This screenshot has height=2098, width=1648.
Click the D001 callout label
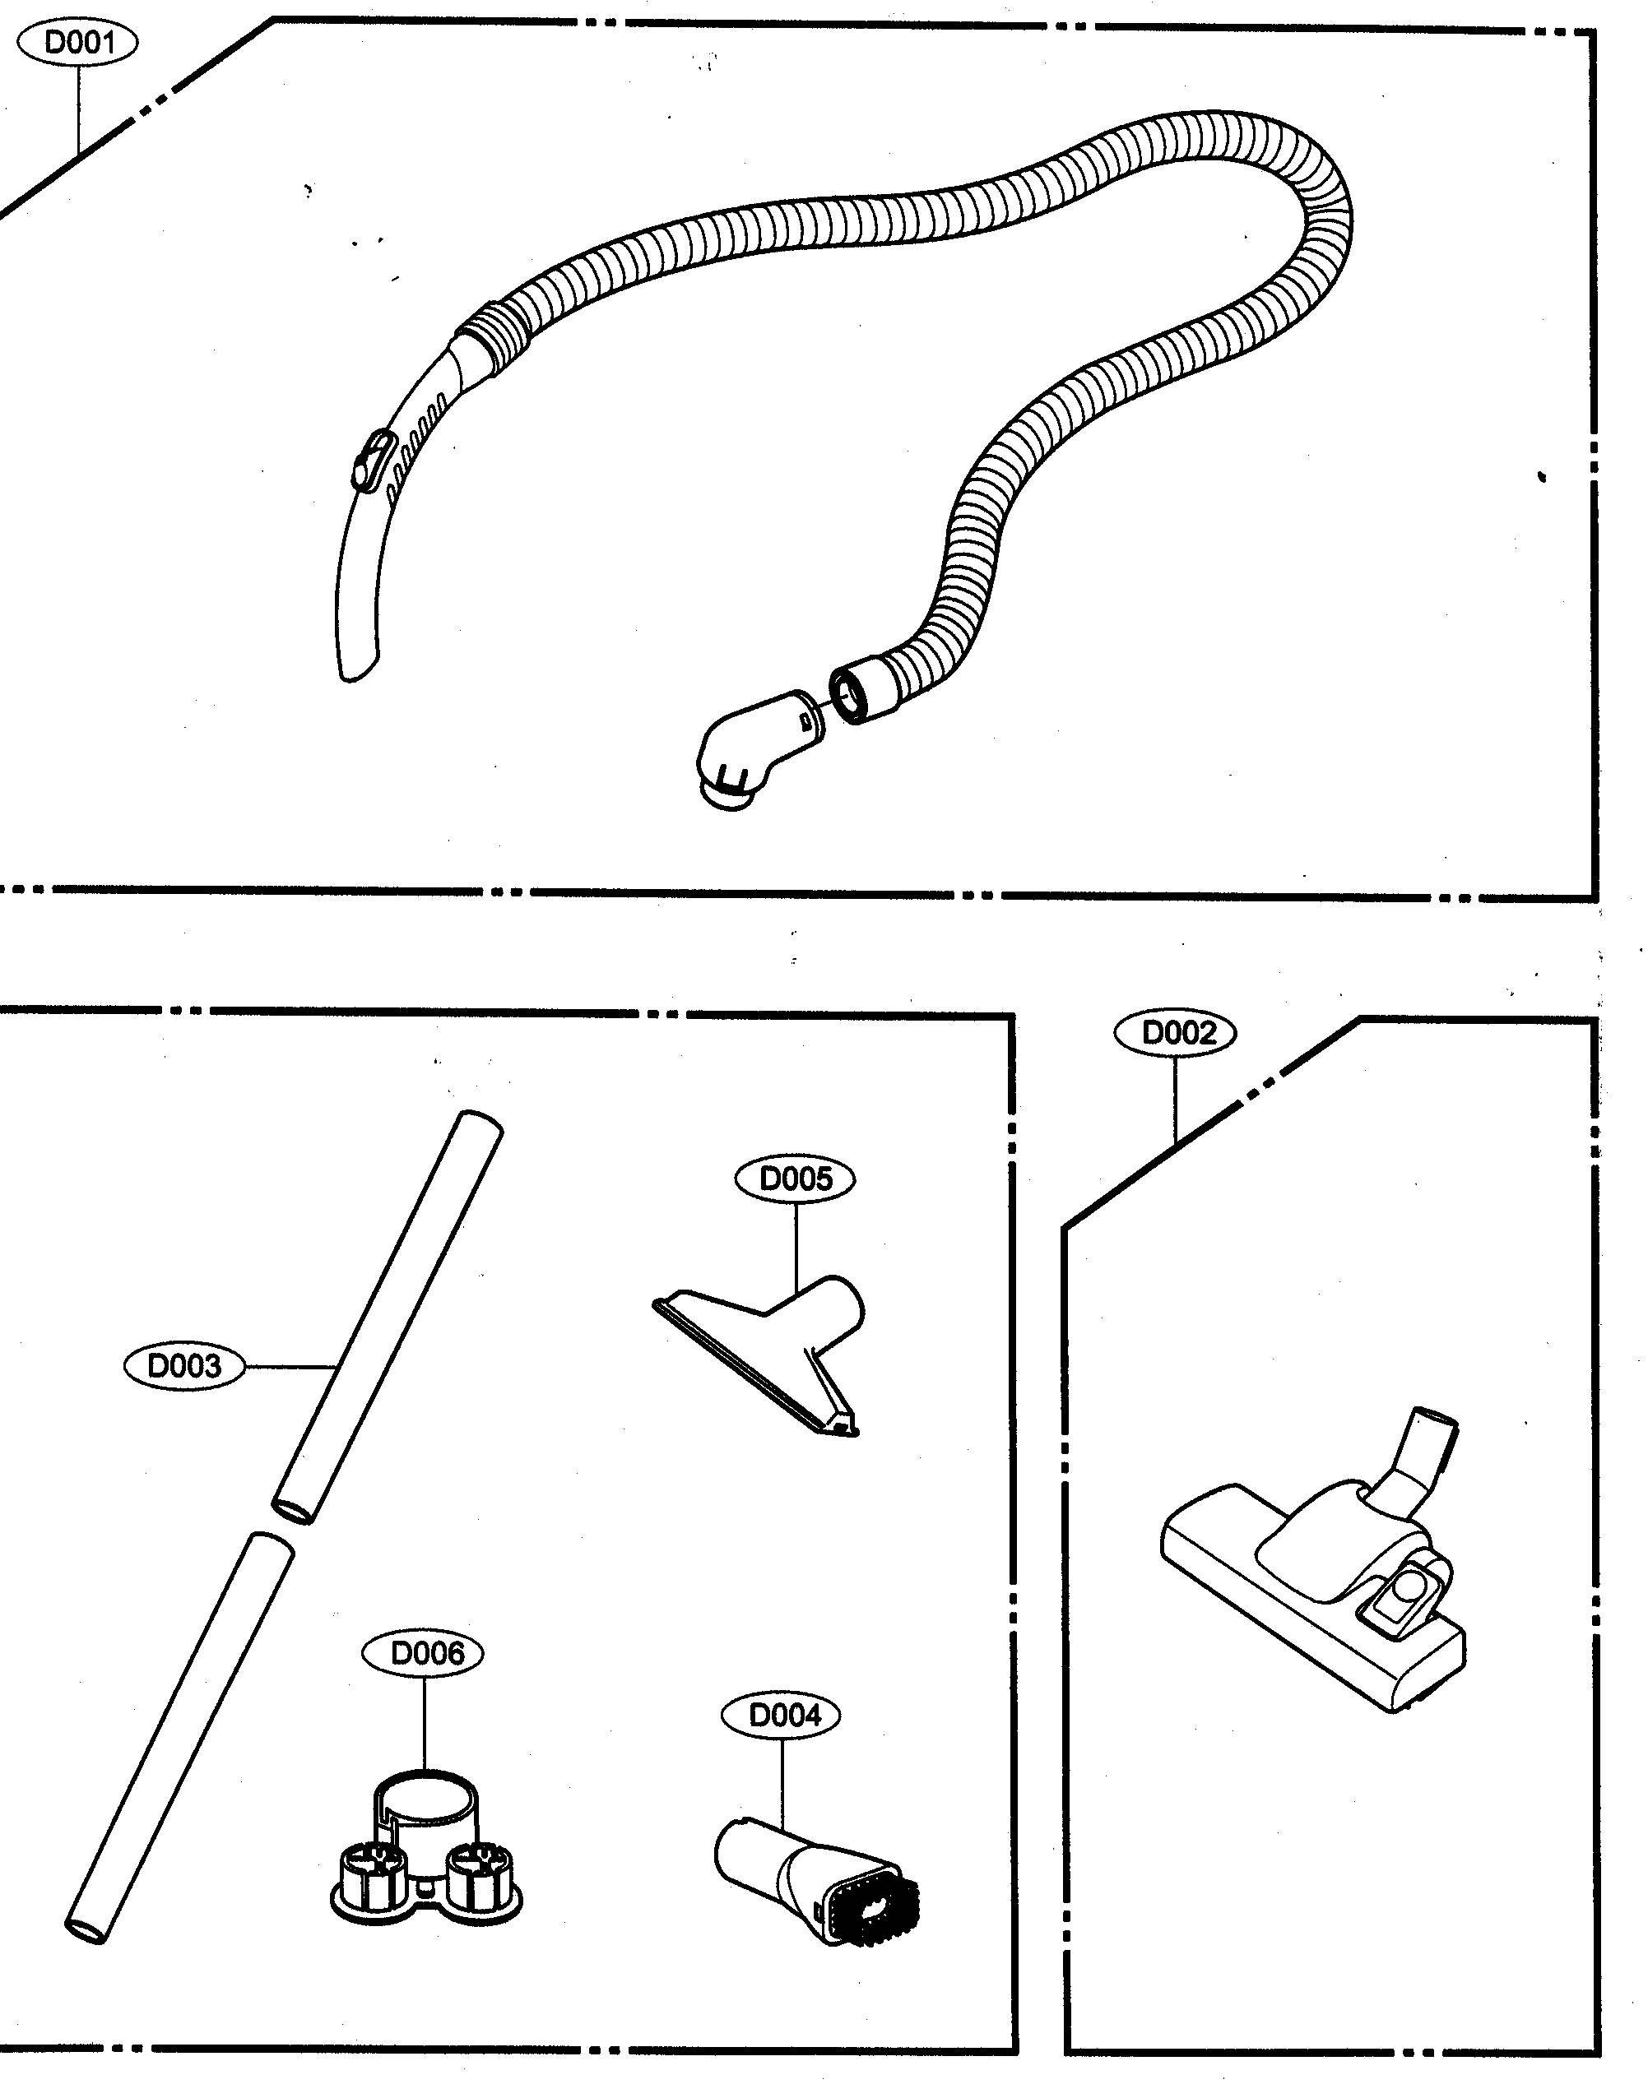[79, 43]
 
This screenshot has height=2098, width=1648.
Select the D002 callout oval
[1174, 1033]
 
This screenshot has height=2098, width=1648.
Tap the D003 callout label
[183, 1366]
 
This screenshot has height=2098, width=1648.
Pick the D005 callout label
[794, 1179]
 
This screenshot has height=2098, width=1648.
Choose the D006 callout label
[423, 1653]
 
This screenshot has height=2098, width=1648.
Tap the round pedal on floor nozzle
[1411, 1584]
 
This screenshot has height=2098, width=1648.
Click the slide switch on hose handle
[374, 459]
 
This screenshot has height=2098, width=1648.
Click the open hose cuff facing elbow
[855, 691]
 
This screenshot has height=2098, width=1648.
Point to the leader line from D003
[290, 1367]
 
